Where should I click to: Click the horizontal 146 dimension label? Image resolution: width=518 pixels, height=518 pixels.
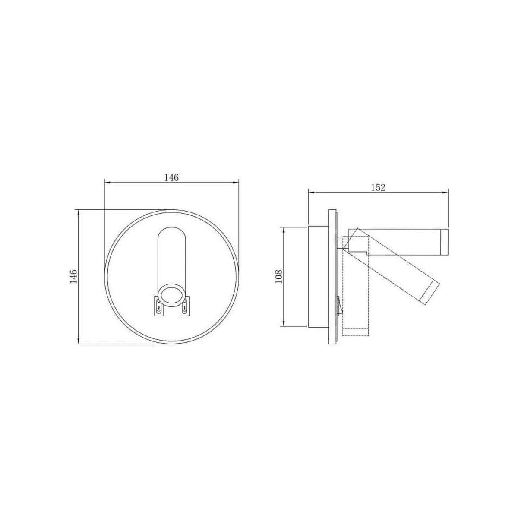pos(171,178)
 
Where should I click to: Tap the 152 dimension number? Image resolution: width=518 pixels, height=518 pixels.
pos(378,188)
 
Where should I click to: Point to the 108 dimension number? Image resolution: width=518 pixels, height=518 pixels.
pos(278,276)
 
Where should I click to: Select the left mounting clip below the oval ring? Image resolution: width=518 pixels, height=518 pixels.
pos(158,306)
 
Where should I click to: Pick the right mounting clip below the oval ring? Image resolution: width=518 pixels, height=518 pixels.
pos(184,306)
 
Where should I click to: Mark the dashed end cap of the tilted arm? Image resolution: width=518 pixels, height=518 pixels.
pos(429,293)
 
